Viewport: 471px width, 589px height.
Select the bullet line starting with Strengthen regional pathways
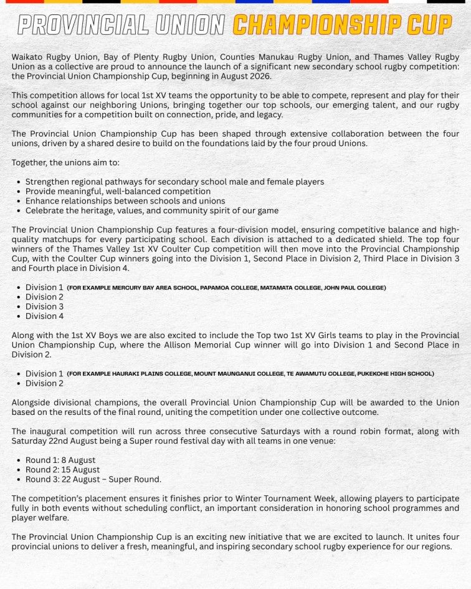click(x=174, y=182)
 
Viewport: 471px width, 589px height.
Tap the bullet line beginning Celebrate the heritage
click(x=151, y=210)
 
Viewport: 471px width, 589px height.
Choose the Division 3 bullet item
click(x=44, y=306)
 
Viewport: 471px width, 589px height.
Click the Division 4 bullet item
click(x=44, y=316)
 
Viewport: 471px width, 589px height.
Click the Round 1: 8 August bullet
click(x=60, y=460)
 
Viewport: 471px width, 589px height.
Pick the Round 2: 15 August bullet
click(x=62, y=469)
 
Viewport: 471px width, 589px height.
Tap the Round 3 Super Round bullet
click(x=93, y=479)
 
